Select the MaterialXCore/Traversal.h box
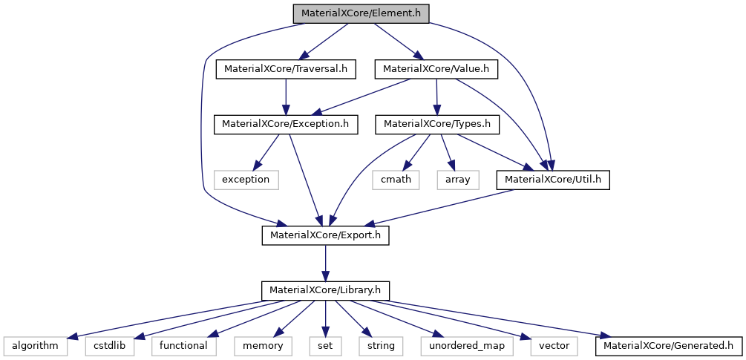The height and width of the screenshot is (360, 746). point(286,69)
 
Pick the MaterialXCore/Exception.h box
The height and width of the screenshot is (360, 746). point(286,124)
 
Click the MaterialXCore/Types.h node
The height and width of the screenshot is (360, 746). point(437,124)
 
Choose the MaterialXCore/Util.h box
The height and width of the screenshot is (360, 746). point(553,180)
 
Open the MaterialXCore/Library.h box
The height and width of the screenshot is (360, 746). point(325,290)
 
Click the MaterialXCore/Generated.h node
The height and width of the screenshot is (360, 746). point(668,345)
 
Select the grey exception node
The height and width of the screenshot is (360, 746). point(246,180)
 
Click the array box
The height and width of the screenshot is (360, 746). point(458,180)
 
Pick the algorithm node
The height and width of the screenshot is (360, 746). point(35,345)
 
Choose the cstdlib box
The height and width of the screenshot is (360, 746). point(111,345)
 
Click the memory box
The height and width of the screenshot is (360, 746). point(263,345)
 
